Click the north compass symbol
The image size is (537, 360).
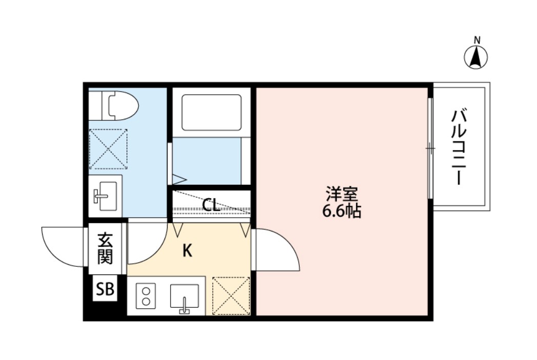click(476, 57)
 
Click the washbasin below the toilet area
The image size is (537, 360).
click(105, 195)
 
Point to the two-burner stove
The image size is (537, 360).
click(146, 295)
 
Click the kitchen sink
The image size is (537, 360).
click(184, 297)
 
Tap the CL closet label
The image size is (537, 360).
click(211, 205)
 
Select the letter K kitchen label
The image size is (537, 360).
click(188, 251)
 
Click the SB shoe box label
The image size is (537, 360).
click(105, 290)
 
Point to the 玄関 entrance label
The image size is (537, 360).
click(105, 248)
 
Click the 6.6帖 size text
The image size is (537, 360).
click(341, 211)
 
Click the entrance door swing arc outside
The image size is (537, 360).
click(63, 246)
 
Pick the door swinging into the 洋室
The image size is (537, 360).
click(277, 250)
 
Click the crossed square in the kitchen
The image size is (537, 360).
click(231, 295)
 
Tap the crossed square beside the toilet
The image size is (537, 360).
click(108, 149)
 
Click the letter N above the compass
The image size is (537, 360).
click(477, 40)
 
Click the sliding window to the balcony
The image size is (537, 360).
click(430, 149)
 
